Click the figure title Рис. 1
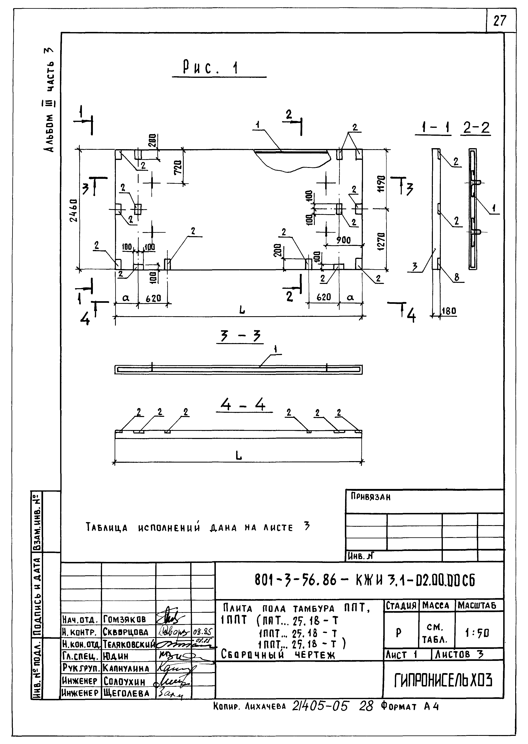[211, 68]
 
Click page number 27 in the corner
[500, 21]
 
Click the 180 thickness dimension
[449, 311]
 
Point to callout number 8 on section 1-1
[457, 277]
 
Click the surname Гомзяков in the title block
[125, 619]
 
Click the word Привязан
[370, 497]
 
